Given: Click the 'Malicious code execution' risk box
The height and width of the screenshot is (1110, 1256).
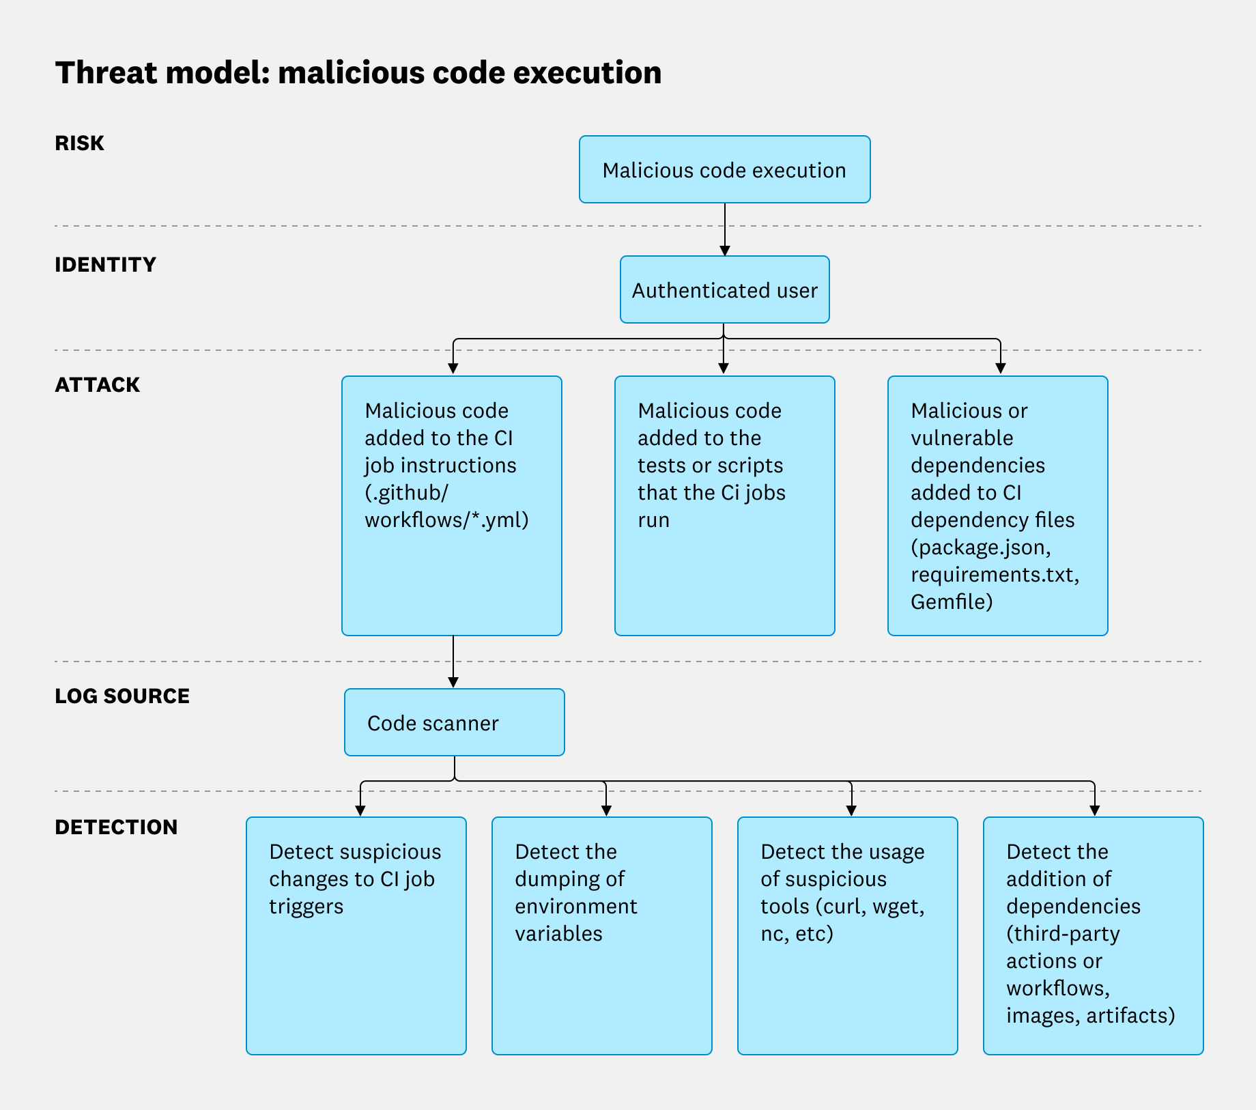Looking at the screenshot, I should pyautogui.click(x=724, y=169).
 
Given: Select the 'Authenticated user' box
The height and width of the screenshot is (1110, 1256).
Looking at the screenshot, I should pyautogui.click(x=724, y=290).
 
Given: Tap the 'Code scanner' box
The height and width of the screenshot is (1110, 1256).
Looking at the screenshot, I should pyautogui.click(x=454, y=722).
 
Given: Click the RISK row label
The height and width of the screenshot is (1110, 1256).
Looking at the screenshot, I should pyautogui.click(x=79, y=143).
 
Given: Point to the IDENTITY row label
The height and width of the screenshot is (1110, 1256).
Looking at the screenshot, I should pyautogui.click(x=105, y=265).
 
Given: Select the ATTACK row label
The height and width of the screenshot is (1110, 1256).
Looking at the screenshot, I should pyautogui.click(x=97, y=385).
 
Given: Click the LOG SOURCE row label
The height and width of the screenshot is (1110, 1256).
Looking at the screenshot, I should pyautogui.click(x=122, y=696).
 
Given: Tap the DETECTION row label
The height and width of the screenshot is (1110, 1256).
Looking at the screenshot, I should pyautogui.click(x=116, y=827).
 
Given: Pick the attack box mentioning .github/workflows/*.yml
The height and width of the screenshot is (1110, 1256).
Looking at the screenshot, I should pyautogui.click(x=451, y=505).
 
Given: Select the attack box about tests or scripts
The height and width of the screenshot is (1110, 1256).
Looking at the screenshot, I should pyautogui.click(x=724, y=505).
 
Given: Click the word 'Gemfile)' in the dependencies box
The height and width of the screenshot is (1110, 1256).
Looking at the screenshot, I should pyautogui.click(x=952, y=602).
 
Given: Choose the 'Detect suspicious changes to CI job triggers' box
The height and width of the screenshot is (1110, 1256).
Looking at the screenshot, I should pyautogui.click(x=356, y=935).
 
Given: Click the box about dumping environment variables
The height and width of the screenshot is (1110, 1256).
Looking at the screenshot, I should pyautogui.click(x=601, y=935).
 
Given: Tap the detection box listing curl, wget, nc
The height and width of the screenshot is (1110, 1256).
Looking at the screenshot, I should pyautogui.click(x=847, y=935).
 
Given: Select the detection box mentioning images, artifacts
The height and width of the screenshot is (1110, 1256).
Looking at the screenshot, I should pyautogui.click(x=1093, y=935).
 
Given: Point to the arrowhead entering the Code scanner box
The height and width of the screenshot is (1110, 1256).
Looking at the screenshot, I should pyautogui.click(x=453, y=682).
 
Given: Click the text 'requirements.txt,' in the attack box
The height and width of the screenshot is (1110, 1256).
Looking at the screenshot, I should pyautogui.click(x=995, y=575).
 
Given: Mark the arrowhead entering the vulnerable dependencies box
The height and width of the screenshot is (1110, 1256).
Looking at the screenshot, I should pyautogui.click(x=1000, y=369).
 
